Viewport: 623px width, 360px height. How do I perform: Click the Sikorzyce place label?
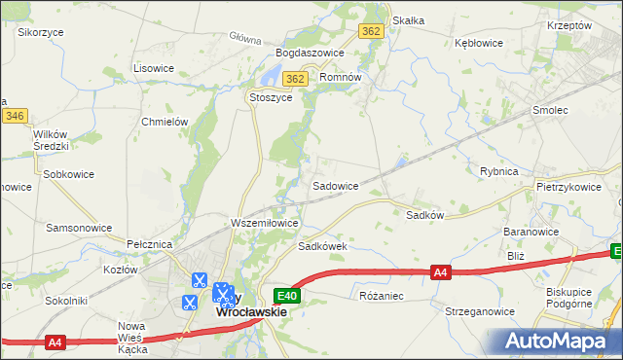pyautogui.click(x=41, y=31)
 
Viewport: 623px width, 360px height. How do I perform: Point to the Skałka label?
pyautogui.click(x=408, y=19)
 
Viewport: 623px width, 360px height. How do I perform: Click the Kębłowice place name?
pyautogui.click(x=479, y=43)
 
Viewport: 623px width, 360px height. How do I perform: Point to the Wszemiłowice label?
pyautogui.click(x=264, y=223)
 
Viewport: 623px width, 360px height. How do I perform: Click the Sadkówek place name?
pyautogui.click(x=322, y=247)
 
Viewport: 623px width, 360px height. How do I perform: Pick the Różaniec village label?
pyautogui.click(x=381, y=294)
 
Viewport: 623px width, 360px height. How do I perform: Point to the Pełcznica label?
pyautogui.click(x=149, y=242)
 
